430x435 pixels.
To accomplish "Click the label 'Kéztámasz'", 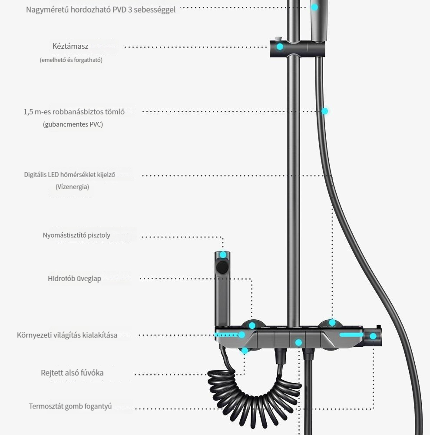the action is point(70,46).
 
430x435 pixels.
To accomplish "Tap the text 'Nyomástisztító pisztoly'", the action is point(76,235).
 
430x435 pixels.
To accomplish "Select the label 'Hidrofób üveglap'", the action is point(75,278).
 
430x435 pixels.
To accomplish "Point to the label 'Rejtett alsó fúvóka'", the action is point(72,373).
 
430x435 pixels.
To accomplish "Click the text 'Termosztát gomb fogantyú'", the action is point(70,406).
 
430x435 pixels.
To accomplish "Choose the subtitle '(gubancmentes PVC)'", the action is point(73,124).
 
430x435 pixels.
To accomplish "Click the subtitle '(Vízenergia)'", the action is point(72,187).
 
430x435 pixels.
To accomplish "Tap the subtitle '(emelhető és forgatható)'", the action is point(71,60).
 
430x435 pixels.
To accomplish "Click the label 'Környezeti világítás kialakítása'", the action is point(67,335).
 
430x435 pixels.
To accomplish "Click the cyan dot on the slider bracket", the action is point(280,47).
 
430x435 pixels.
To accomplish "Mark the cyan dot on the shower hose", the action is point(324,111).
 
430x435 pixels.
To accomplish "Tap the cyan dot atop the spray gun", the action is point(223,254).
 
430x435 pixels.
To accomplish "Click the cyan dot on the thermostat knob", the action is point(373,336).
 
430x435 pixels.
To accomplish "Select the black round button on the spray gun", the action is point(222,267).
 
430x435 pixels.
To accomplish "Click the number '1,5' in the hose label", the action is point(28,112).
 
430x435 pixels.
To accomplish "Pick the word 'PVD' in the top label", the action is point(119,10).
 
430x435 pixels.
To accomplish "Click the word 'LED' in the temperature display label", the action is point(53,174).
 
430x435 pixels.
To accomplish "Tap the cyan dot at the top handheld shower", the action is point(314,7).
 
